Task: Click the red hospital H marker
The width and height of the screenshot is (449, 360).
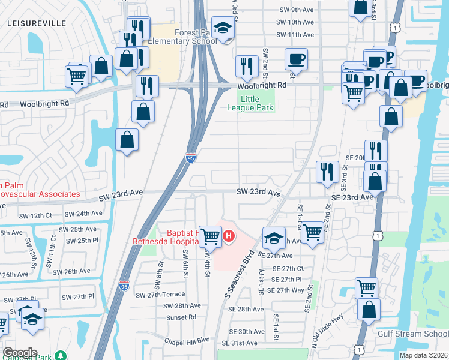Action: tap(229, 238)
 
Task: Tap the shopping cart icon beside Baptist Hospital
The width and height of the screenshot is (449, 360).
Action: tap(210, 237)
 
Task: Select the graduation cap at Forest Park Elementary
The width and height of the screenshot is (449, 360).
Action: tap(223, 28)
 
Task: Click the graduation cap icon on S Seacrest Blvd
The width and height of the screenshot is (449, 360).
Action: tap(273, 238)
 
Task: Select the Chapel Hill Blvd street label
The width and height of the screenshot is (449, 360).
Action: tap(187, 340)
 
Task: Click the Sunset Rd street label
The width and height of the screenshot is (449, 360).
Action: tap(181, 317)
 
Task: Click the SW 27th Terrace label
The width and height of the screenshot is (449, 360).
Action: tap(160, 295)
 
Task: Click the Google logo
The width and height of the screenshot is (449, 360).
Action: tap(19, 353)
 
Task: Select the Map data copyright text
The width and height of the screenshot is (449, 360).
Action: tap(423, 355)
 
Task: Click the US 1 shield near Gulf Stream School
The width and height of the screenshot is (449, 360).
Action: tap(359, 349)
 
